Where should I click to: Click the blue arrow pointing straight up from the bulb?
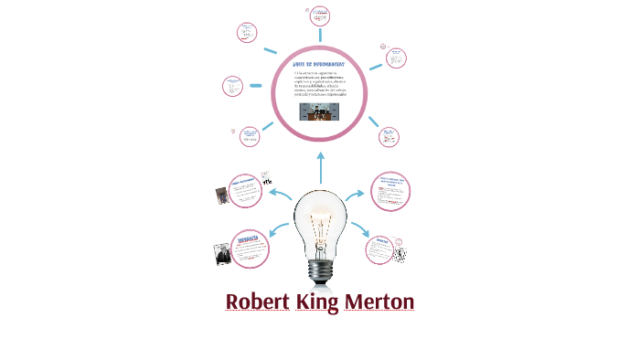click(x=320, y=167)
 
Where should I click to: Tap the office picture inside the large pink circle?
click(x=320, y=111)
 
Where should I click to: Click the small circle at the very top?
click(x=320, y=16)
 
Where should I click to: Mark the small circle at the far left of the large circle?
click(x=233, y=87)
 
